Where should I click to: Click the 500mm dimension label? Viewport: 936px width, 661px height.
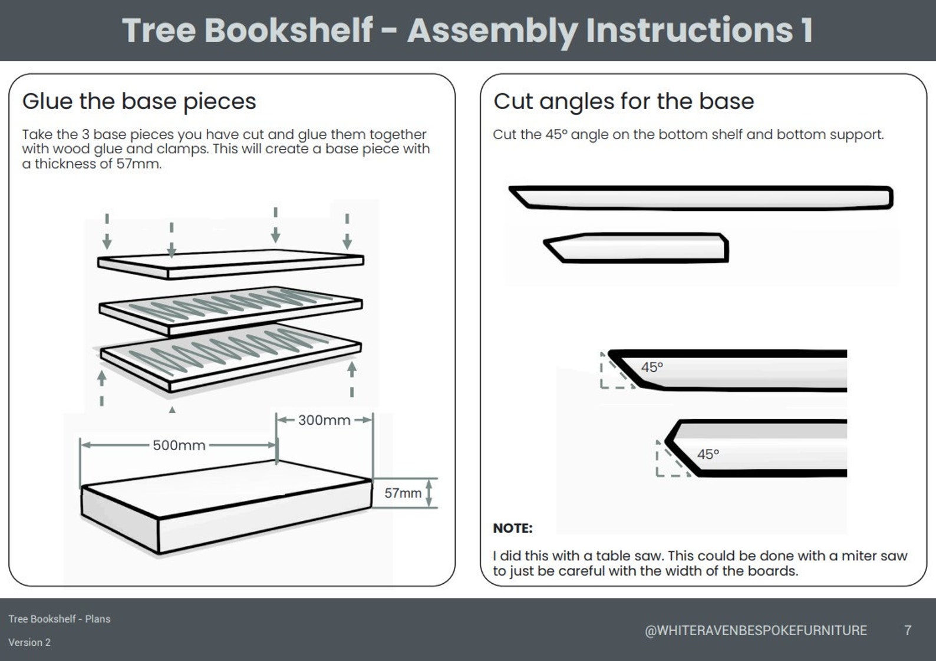pos(179,445)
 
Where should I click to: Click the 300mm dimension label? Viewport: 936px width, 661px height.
pos(324,420)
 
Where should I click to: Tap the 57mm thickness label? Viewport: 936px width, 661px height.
pos(403,493)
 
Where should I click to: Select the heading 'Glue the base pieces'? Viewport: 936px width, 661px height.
pos(139,101)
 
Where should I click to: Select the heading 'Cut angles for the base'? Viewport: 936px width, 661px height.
pos(624,101)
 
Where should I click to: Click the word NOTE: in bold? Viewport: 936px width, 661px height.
pos(512,528)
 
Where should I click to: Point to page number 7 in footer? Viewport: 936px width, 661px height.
pos(908,630)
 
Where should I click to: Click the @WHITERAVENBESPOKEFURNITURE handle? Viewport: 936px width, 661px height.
pos(756,630)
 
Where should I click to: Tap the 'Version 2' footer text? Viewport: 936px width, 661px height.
pos(29,642)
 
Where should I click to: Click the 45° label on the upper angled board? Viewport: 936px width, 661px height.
pos(652,367)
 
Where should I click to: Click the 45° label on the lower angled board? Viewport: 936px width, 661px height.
pos(708,454)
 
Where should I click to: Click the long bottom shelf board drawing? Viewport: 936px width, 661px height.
pos(701,197)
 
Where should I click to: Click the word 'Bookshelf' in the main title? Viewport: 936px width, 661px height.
pos(288,31)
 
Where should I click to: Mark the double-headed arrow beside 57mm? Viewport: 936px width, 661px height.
pos(429,493)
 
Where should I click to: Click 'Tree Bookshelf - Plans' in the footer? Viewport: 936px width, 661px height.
pos(59,619)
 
